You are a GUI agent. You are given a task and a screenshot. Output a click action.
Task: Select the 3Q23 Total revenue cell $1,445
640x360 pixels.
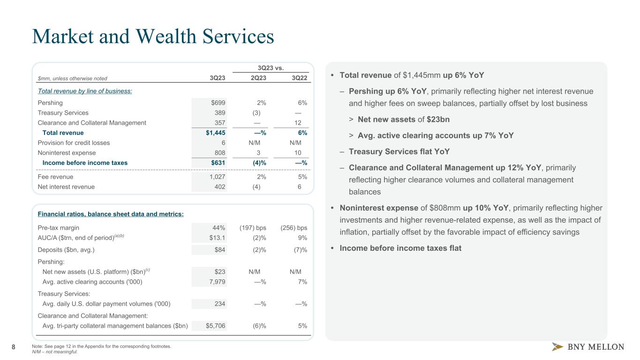(213, 133)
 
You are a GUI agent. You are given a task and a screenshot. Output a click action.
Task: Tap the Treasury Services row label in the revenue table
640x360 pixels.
(63, 112)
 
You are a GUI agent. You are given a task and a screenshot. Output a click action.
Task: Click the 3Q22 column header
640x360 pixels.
(299, 78)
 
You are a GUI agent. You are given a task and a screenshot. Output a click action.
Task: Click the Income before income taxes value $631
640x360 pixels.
(217, 163)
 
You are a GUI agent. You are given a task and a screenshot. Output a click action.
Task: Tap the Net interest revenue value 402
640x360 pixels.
(219, 187)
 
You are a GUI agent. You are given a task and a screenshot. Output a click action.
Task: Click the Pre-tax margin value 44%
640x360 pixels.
(218, 228)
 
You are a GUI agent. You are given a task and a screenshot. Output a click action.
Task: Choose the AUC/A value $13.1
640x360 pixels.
(217, 238)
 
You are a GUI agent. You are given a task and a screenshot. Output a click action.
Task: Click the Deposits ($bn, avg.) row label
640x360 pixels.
(66, 250)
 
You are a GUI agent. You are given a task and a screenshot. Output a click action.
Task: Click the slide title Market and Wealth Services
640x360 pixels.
(153, 37)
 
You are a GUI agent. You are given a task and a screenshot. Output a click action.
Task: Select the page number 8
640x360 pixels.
(14, 347)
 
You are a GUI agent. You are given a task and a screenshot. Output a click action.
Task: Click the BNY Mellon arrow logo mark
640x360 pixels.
(557, 347)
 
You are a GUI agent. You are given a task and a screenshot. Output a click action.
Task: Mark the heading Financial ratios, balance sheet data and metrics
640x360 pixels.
(111, 214)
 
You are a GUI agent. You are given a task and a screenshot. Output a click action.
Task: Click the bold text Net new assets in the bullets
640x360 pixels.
(386, 120)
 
